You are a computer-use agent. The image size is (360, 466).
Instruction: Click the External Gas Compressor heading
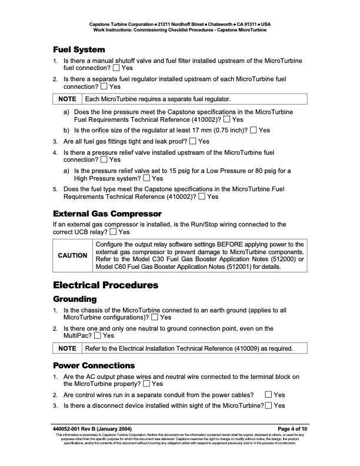(107, 212)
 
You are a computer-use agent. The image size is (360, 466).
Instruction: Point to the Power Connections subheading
(94, 365)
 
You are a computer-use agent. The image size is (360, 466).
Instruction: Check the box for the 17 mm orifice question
(254, 130)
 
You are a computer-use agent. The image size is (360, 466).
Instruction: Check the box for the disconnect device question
(269, 405)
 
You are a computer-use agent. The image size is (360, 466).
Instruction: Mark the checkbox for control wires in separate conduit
(269, 395)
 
